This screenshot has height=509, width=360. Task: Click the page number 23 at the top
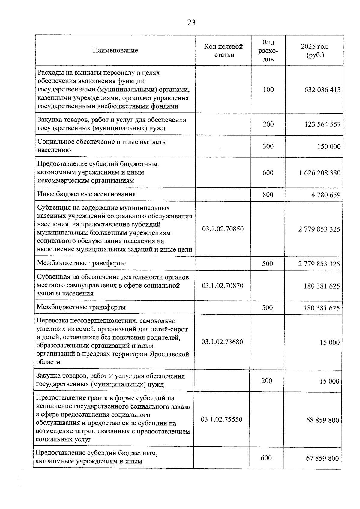191,23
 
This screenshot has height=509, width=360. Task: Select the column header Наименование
115,50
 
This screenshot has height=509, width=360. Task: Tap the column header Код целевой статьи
223,50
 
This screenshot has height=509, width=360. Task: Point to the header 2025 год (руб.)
314,51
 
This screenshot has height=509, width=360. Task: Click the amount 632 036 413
322,90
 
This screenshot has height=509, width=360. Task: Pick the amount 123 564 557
322,124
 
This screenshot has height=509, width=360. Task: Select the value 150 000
329,146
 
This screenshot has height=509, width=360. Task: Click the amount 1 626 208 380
320,173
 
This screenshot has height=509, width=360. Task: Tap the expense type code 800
268,195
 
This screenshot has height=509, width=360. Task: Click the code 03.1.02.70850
223,229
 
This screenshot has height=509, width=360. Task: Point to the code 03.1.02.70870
223,286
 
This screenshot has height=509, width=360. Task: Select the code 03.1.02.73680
222,342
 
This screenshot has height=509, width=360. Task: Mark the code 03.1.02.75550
222,419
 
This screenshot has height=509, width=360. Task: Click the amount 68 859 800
322,420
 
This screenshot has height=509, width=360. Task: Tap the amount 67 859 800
322,458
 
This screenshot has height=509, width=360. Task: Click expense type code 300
268,146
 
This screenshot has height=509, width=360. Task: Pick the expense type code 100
268,90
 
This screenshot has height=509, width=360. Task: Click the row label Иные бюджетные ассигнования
86,194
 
